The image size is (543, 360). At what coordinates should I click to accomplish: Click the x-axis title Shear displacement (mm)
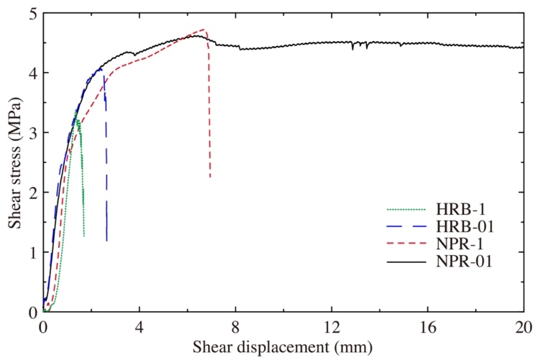(283, 348)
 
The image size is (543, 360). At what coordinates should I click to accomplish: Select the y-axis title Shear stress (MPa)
(14, 161)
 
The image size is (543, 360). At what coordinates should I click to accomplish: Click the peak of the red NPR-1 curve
(204, 29)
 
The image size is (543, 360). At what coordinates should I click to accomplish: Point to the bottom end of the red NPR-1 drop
(210, 177)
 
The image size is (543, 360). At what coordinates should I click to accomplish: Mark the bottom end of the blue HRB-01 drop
(106, 241)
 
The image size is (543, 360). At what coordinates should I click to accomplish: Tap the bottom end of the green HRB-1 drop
(84, 236)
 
